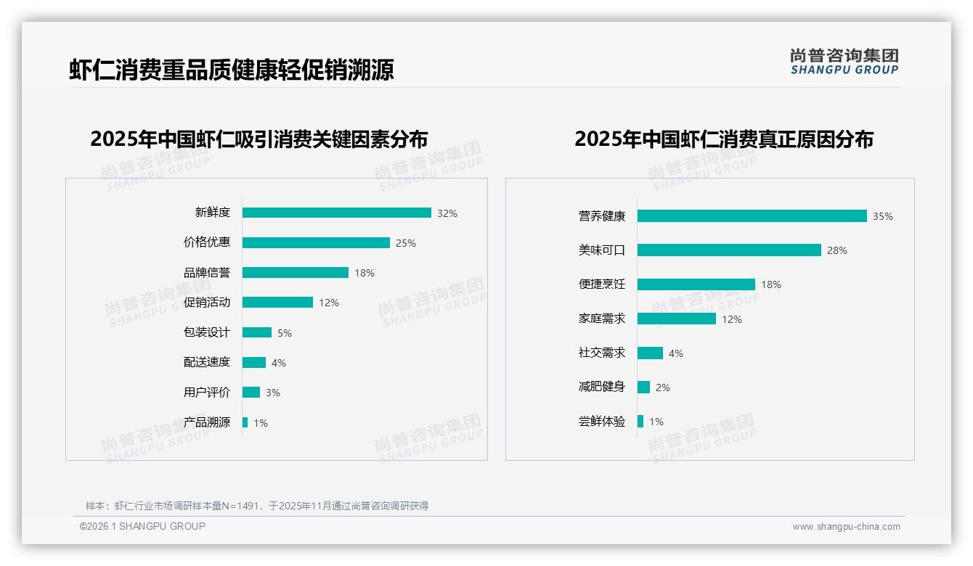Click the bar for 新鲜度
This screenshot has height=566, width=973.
click(336, 213)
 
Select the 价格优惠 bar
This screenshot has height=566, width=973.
click(316, 242)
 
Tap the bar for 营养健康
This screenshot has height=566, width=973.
click(752, 216)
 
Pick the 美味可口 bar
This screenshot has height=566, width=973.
click(729, 250)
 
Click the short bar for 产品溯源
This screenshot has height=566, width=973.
click(245, 422)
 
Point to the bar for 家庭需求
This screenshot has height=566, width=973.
click(676, 319)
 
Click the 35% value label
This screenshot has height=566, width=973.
click(883, 216)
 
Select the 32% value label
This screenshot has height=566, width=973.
click(447, 213)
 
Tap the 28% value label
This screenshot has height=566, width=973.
click(837, 250)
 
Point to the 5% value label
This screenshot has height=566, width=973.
click(285, 333)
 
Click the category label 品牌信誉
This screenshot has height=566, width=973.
click(207, 273)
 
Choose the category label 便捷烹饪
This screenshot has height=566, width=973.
click(602, 284)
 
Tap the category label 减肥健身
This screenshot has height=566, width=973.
click(602, 387)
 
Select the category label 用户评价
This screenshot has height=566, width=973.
click(207, 393)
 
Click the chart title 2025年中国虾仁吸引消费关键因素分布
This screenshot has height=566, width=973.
click(259, 139)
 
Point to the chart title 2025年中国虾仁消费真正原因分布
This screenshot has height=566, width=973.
click(724, 139)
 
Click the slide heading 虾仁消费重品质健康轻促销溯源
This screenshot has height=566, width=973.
click(232, 70)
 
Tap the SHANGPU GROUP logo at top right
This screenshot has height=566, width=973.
click(844, 62)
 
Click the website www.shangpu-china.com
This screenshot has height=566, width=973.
click(846, 527)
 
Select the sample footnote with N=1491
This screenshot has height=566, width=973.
click(257, 506)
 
